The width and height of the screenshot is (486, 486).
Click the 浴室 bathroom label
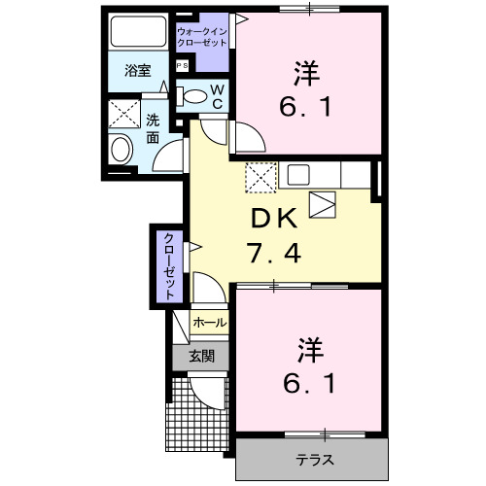click(x=137, y=70)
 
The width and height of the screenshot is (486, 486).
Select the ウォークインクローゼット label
click(x=202, y=38)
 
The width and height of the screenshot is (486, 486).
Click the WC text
click(x=218, y=97)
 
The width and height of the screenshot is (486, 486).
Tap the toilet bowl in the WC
click(x=195, y=96)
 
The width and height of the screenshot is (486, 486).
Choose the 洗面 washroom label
click(x=154, y=128)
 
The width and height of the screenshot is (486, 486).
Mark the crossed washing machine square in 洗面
click(x=122, y=114)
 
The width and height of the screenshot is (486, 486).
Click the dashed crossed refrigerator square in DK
click(x=260, y=176)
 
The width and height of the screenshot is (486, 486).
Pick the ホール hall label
click(x=209, y=323)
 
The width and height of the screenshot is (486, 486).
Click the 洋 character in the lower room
click(x=310, y=347)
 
